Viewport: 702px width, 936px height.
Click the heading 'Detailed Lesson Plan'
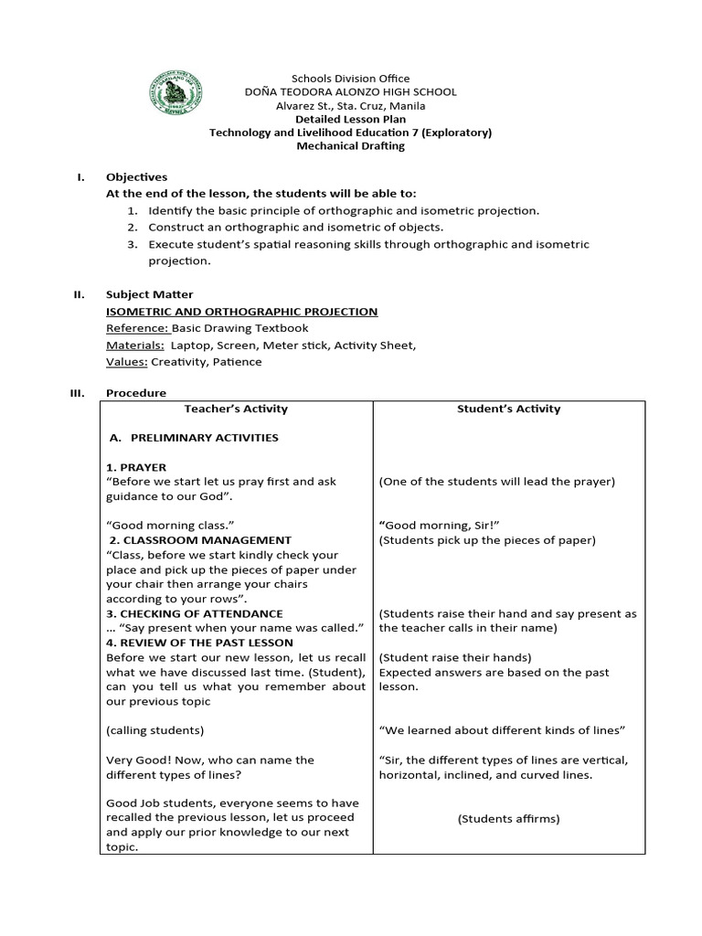coord(350,119)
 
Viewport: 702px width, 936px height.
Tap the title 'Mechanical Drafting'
coord(350,145)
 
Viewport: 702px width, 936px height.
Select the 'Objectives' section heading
coord(136,177)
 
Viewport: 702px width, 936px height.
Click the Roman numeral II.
coord(79,295)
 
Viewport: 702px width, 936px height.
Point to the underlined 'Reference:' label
coord(137,328)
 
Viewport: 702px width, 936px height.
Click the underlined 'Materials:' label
coord(135,345)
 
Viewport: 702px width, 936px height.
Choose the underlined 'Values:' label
coord(127,361)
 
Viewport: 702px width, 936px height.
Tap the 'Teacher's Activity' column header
coord(236,409)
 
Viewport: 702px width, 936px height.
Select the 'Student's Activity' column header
coord(508,409)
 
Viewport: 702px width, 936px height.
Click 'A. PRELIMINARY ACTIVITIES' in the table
coord(194,438)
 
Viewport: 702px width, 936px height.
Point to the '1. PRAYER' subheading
coord(136,467)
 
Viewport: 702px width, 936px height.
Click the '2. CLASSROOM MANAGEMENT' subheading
coord(199,540)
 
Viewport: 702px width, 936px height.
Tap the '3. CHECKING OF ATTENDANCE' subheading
coord(195,613)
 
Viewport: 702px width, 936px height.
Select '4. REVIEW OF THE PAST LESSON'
coord(199,643)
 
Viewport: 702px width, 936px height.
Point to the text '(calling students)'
coord(154,730)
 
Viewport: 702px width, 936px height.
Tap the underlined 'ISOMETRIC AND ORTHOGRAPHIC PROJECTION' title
coord(241,312)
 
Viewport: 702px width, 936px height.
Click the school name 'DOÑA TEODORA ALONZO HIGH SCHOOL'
coord(350,92)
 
